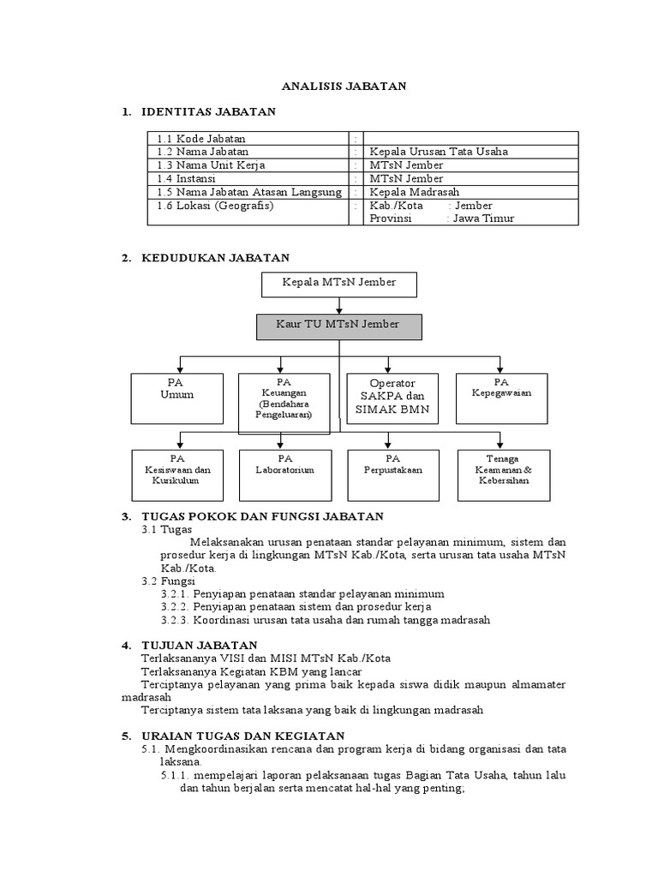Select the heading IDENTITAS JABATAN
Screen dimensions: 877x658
pos(208,112)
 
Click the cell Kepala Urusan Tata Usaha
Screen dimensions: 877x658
pos(439,152)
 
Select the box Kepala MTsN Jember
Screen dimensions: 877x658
pos(339,285)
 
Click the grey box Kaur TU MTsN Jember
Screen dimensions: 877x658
pos(339,326)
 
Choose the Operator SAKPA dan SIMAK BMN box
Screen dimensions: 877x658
pos(392,397)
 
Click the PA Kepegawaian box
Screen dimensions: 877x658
pos(501,397)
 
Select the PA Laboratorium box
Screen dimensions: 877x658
pos(284,474)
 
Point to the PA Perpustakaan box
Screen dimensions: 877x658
pos(392,474)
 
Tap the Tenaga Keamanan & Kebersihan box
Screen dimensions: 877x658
pos(504,474)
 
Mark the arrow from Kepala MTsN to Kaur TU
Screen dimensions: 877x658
pos(339,305)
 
